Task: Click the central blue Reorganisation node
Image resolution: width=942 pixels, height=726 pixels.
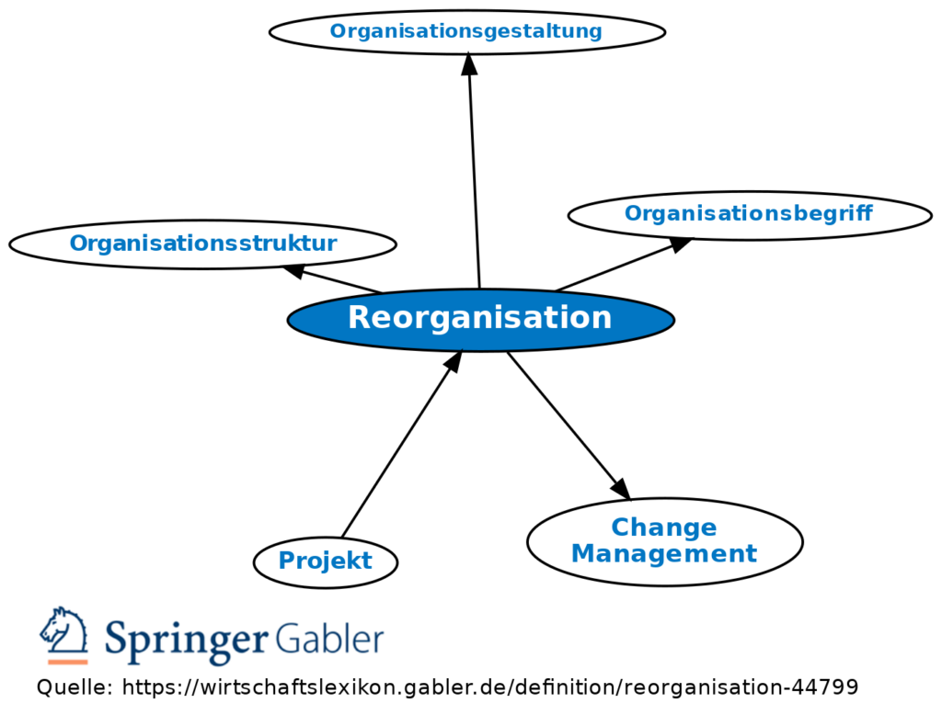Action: (x=480, y=319)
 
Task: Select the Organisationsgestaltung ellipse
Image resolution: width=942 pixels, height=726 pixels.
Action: (x=466, y=32)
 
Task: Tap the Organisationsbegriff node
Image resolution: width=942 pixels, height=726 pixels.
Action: (x=749, y=215)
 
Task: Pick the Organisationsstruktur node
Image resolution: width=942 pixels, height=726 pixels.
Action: (x=202, y=244)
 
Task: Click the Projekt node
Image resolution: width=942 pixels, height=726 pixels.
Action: (x=325, y=562)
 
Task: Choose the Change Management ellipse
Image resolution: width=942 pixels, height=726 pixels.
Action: (x=664, y=541)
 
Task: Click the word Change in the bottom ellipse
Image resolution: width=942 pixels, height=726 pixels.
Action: (x=663, y=527)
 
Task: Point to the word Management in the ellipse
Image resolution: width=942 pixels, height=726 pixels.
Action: (x=663, y=554)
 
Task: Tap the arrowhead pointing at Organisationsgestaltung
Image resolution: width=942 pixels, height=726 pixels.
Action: (x=469, y=63)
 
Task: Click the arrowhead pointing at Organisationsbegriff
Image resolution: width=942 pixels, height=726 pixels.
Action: (x=680, y=244)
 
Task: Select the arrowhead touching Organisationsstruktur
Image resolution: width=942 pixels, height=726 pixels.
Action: (x=294, y=271)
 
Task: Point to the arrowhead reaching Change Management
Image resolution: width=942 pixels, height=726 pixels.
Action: (x=620, y=488)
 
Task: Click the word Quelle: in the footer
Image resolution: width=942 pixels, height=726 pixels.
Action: (x=75, y=687)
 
